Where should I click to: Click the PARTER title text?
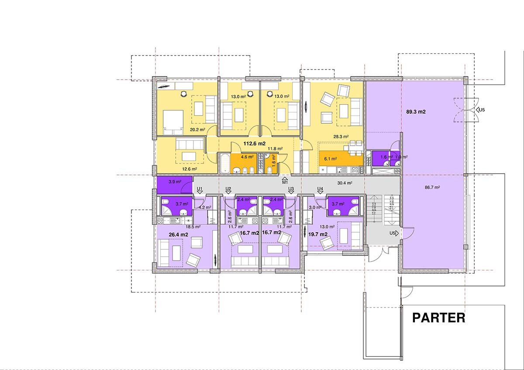[438, 318]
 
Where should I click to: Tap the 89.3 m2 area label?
[416, 112]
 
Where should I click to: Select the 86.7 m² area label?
[432, 187]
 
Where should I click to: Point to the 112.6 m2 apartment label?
[255, 143]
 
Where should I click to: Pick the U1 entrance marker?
[200, 190]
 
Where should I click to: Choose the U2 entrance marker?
[228, 190]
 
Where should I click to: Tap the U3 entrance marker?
[291, 190]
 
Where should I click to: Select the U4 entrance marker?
[320, 190]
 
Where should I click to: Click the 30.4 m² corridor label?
[345, 183]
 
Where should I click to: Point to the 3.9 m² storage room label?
[175, 182]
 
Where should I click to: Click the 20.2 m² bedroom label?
[197, 129]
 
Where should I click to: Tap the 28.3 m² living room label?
[341, 136]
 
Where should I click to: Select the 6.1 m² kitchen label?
[330, 159]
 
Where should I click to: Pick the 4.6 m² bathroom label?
[247, 157]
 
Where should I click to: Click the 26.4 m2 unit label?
[178, 234]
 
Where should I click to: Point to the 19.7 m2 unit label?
[318, 234]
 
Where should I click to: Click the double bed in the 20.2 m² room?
[173, 122]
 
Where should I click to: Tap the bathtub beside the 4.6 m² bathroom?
[224, 163]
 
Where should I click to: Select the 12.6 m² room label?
[190, 169]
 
